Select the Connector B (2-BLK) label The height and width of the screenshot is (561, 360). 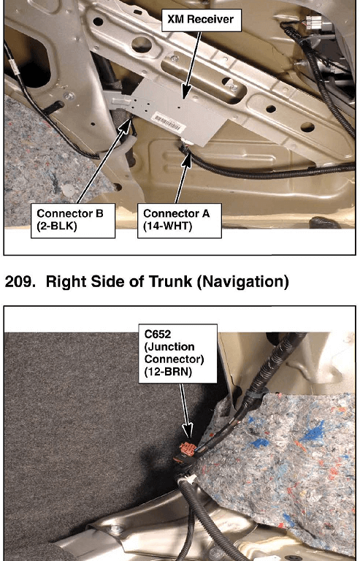click(73, 221)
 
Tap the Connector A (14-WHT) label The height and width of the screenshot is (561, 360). click(180, 221)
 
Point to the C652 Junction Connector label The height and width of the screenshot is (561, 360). click(177, 354)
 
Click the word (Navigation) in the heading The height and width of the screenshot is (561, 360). click(242, 282)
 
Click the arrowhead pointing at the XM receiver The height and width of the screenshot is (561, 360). click(185, 92)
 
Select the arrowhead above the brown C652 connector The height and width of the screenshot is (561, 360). click(188, 432)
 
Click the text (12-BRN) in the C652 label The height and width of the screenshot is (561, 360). click(166, 373)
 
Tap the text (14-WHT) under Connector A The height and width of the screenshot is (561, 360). click(164, 227)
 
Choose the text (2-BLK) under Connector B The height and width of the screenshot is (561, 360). click(57, 227)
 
